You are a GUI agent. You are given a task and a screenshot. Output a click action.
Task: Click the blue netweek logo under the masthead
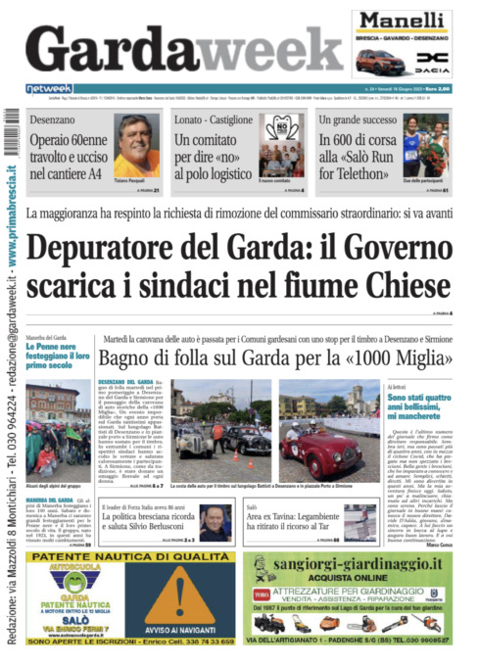click(49, 88)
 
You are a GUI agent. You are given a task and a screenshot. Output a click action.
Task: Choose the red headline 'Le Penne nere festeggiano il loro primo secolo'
click(60, 359)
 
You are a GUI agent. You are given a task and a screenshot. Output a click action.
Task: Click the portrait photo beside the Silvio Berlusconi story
click(216, 522)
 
